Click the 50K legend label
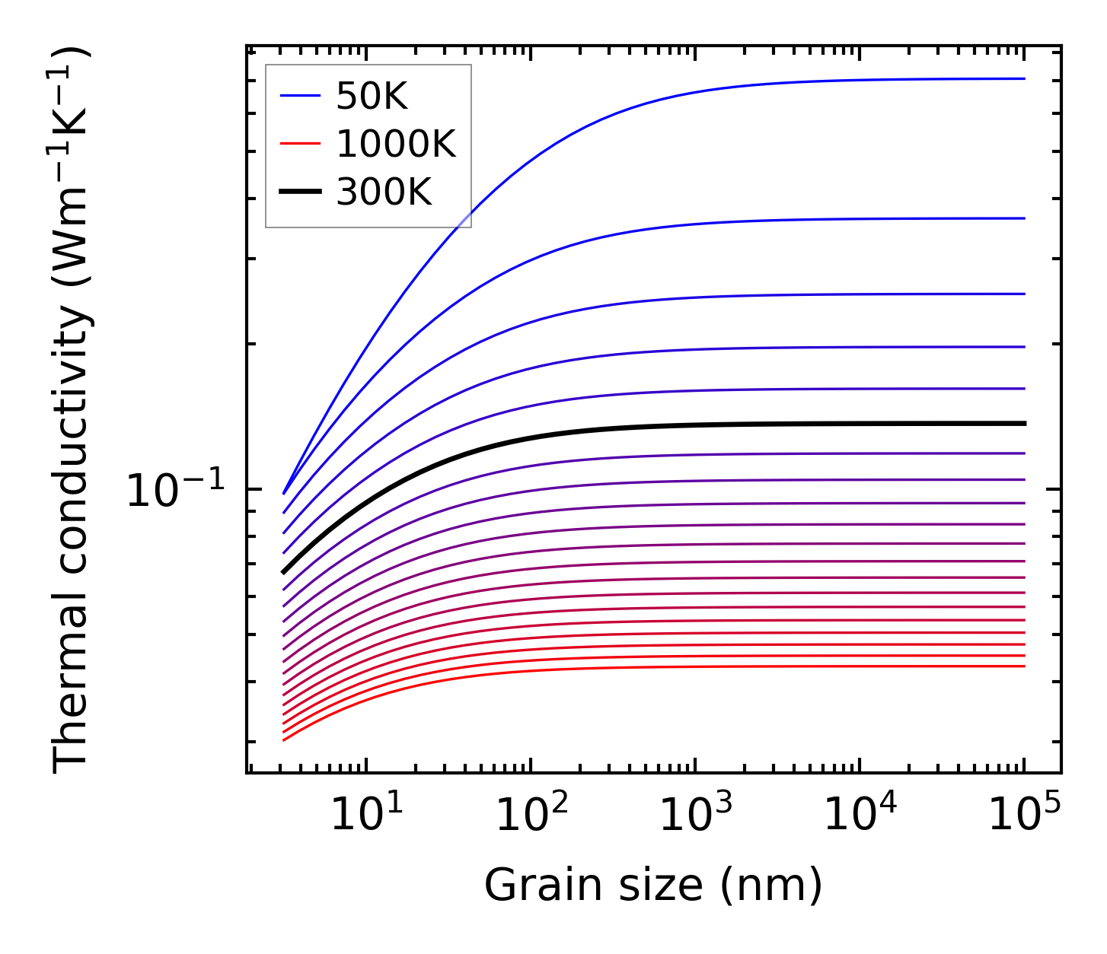372,97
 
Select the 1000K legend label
395,144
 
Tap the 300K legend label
384,192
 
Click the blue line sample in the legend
300,96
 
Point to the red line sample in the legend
300,144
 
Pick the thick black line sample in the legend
300,192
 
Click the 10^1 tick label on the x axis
367,816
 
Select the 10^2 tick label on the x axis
532,816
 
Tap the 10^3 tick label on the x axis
696,816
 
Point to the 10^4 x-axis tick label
860,816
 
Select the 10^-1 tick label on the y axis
176,491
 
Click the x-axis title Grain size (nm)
653,886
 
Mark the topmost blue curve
685,94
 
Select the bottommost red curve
685,667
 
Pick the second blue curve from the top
685,223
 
